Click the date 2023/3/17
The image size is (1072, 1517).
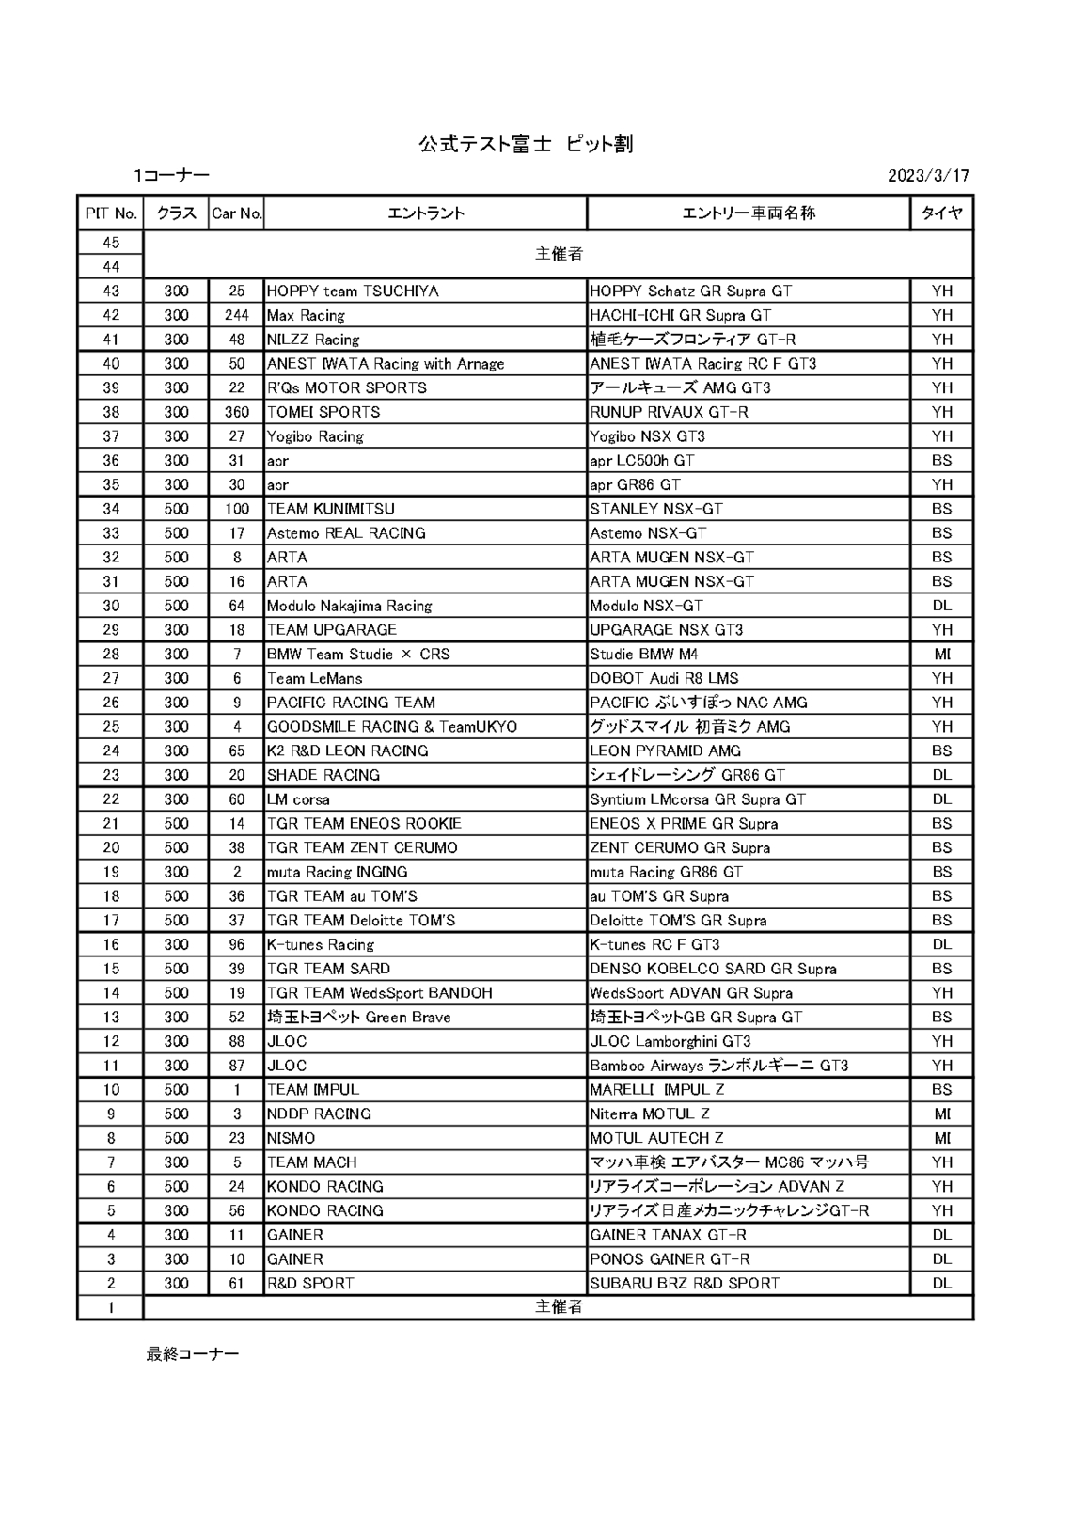927,176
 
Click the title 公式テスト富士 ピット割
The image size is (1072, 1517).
525,144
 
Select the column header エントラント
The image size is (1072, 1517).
426,213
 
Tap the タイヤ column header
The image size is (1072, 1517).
941,213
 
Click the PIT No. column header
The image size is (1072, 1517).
111,213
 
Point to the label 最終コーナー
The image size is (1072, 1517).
192,1353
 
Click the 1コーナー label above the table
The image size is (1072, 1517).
171,176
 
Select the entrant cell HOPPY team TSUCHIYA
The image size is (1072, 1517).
353,292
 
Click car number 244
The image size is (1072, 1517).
237,316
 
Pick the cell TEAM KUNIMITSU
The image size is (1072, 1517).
331,509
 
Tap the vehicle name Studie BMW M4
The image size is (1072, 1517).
644,655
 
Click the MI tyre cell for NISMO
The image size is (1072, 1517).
942,1138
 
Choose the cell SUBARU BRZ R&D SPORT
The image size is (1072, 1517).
685,1283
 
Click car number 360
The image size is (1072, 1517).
237,413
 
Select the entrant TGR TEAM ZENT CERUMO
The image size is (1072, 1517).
362,847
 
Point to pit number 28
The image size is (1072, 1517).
111,655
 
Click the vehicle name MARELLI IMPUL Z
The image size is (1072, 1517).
657,1090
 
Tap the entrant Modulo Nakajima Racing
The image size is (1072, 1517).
350,606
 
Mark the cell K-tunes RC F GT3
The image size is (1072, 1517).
654,944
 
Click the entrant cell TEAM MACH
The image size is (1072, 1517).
312,1162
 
